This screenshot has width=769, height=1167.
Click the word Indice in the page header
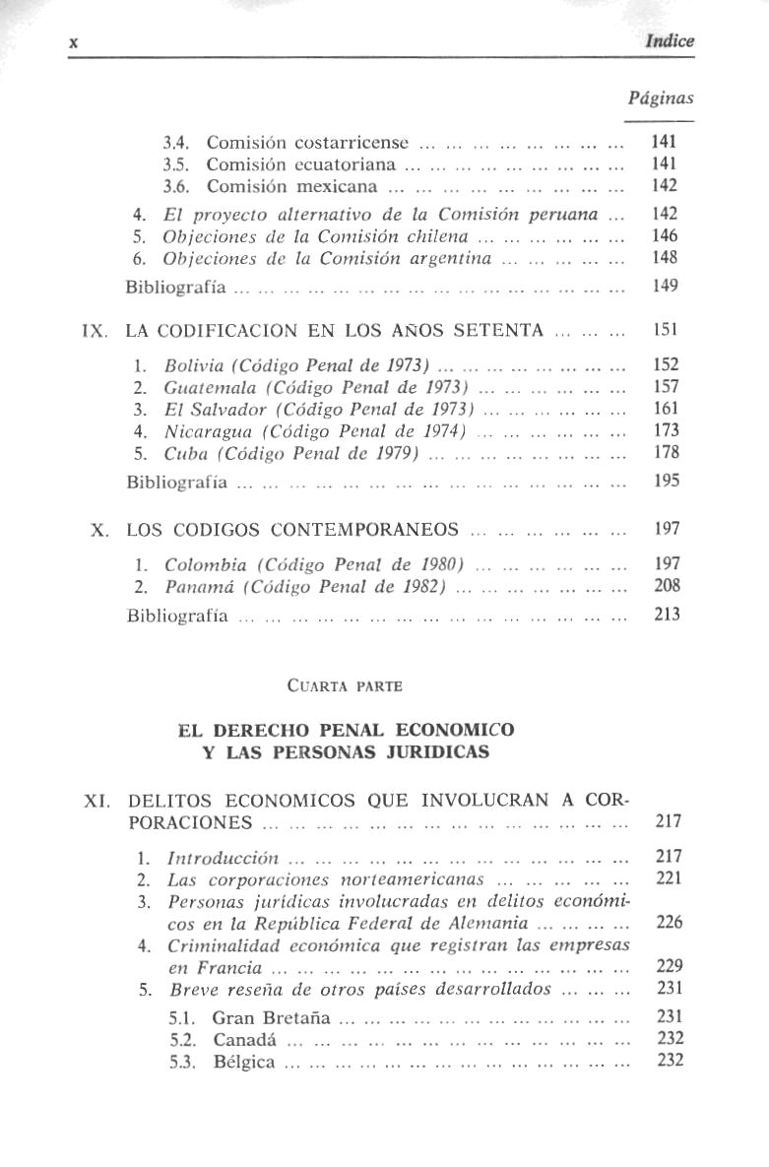(x=670, y=41)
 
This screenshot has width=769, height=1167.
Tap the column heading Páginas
(x=660, y=97)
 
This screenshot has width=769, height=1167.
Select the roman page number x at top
(x=73, y=41)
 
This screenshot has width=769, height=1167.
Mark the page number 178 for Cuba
(x=667, y=452)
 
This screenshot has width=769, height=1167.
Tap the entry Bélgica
(x=243, y=1062)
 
